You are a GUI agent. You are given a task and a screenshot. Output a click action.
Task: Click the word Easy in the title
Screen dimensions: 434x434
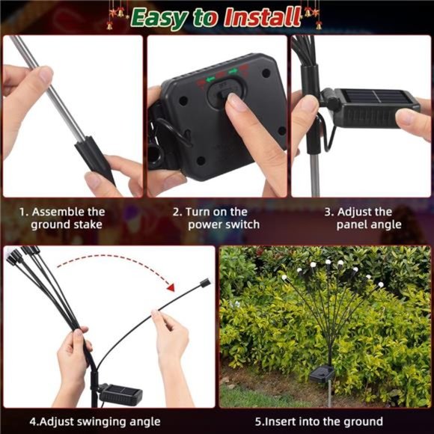point(159,18)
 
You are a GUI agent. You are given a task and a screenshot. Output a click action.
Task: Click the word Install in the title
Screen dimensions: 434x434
point(262,16)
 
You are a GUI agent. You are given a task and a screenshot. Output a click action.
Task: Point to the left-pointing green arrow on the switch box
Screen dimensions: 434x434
point(210,80)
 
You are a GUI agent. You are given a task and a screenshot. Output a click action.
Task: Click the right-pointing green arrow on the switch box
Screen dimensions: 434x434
point(233,71)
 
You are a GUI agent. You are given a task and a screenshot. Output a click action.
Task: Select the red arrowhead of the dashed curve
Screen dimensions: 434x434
point(171,287)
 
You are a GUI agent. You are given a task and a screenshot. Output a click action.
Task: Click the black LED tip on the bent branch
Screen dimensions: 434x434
point(205,283)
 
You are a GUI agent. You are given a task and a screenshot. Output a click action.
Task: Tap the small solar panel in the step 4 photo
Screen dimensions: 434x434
point(121,394)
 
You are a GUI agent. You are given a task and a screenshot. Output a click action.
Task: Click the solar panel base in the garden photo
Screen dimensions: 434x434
point(322,373)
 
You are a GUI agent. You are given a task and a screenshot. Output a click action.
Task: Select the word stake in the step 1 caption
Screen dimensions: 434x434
point(88,224)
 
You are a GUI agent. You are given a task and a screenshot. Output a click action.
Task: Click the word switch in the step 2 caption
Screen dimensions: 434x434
point(242,224)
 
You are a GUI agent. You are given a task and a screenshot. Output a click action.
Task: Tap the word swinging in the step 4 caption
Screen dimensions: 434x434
point(102,422)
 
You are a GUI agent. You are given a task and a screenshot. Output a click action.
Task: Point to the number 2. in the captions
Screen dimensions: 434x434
point(177,212)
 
